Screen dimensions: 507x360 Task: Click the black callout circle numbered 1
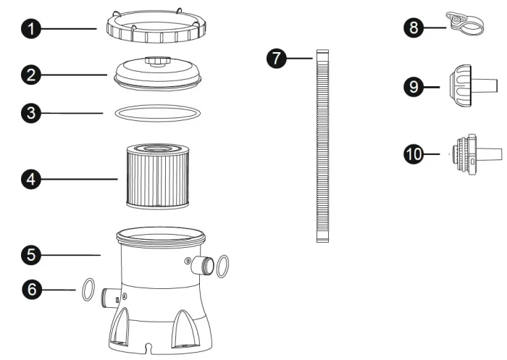point(31,29)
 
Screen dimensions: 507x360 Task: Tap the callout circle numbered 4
point(31,179)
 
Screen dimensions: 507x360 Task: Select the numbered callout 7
point(277,59)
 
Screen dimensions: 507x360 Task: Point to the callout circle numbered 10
point(414,154)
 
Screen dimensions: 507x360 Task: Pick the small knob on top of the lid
point(157,61)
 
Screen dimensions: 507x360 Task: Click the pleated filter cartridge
point(157,176)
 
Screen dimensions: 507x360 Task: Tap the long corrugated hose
point(323,146)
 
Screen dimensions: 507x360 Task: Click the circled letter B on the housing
point(188,261)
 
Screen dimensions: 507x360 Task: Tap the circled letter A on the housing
point(125,296)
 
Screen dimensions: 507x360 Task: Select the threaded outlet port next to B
point(202,265)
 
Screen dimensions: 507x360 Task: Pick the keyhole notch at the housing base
point(148,348)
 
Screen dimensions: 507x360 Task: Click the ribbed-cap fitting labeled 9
point(473,85)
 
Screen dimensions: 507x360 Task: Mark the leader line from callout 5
point(71,255)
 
